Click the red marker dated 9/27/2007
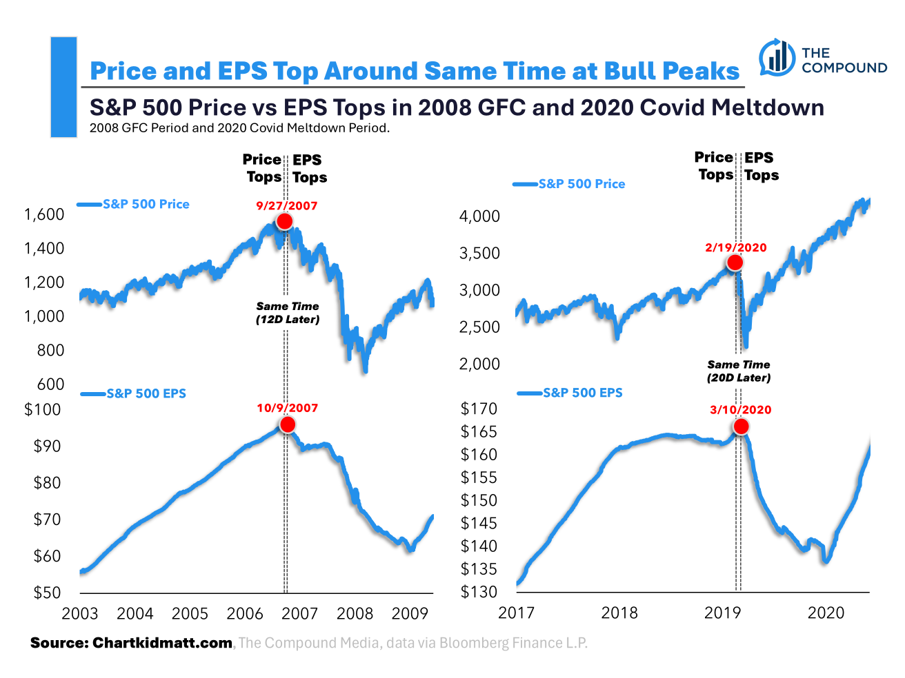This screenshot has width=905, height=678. click(x=284, y=221)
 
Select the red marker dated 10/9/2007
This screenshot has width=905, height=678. click(x=287, y=424)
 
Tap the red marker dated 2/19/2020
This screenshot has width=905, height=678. click(x=735, y=263)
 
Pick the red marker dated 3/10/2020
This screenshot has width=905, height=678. click(x=741, y=427)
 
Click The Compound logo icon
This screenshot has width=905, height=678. click(x=777, y=58)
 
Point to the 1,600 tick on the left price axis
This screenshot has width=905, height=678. click(x=44, y=214)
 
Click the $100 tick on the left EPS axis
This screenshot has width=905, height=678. click(x=43, y=409)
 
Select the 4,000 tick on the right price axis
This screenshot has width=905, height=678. click(x=479, y=216)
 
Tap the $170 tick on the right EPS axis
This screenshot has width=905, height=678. click(x=479, y=409)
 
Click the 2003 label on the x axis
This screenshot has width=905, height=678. click(x=80, y=613)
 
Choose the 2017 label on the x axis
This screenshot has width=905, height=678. click(x=516, y=613)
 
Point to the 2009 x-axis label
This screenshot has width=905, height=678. click(x=410, y=613)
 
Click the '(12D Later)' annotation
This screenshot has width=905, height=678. click(x=288, y=320)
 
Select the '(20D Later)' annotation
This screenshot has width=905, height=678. click(x=739, y=378)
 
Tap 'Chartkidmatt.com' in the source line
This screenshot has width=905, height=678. click(x=162, y=643)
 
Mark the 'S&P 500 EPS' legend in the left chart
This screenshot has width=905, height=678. click(x=146, y=393)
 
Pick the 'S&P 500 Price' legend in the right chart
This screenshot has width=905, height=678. click(x=581, y=184)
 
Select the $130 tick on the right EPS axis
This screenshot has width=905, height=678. click(x=479, y=592)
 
